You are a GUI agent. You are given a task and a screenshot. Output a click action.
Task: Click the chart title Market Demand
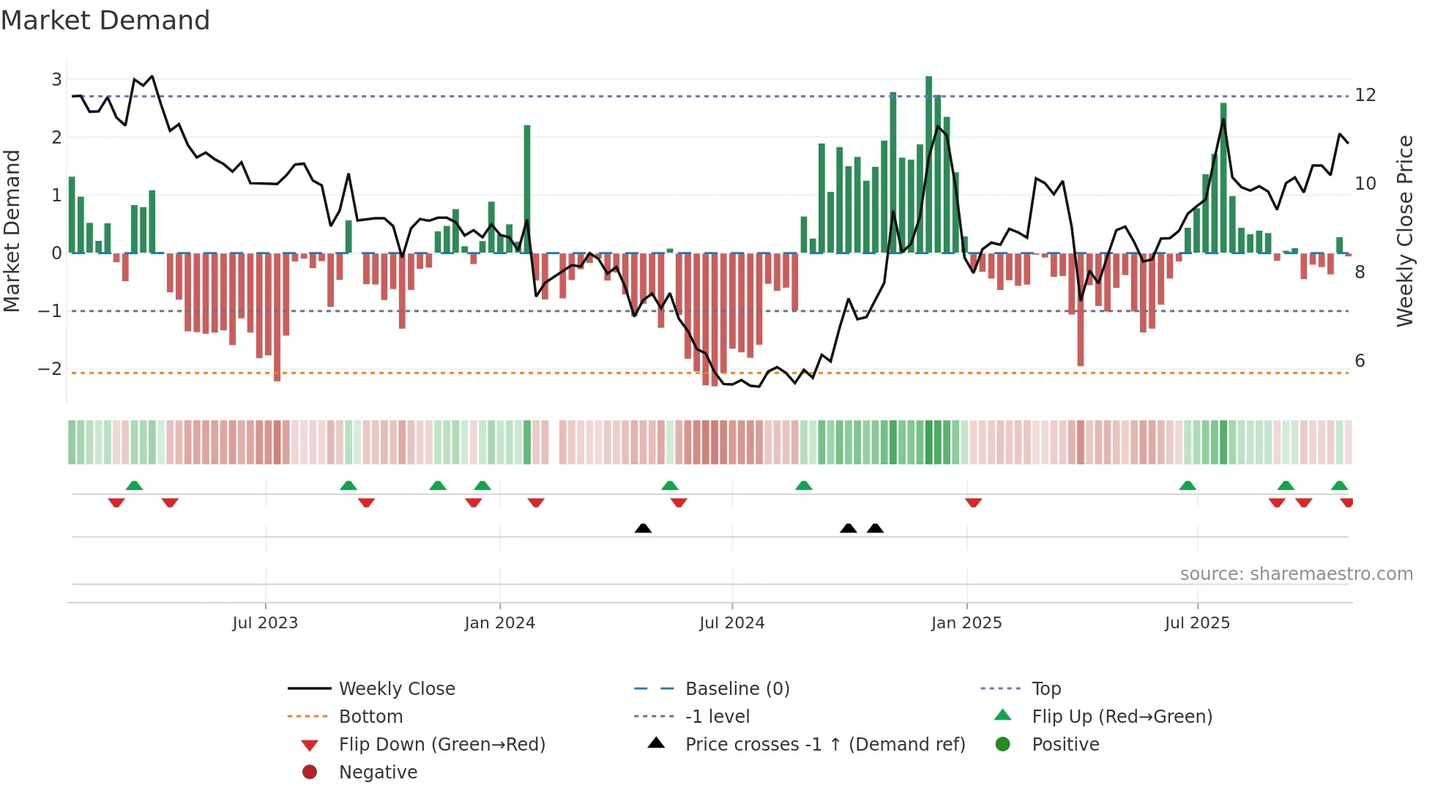(x=105, y=21)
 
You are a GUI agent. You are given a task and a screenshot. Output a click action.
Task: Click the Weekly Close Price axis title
(x=1404, y=231)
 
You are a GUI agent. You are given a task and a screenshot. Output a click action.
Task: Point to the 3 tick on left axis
(x=56, y=79)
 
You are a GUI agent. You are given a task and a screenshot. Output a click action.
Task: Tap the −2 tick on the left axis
(x=51, y=368)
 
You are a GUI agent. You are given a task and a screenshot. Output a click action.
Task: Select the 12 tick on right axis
(x=1365, y=95)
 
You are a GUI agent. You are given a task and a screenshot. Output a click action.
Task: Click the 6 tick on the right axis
(x=1360, y=360)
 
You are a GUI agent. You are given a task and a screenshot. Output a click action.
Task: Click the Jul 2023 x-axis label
(x=265, y=623)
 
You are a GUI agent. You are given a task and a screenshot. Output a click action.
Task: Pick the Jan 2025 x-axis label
(x=966, y=623)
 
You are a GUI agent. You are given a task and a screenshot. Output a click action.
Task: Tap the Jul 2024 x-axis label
(x=731, y=623)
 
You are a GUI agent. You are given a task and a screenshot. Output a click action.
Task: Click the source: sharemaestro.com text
(x=1296, y=574)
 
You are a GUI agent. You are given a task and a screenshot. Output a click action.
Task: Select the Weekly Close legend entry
(x=396, y=689)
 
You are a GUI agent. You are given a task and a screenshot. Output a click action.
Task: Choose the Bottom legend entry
(x=370, y=717)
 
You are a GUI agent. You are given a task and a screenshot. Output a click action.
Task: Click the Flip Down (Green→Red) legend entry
(x=441, y=745)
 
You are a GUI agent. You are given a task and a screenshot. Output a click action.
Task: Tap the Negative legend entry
(x=378, y=773)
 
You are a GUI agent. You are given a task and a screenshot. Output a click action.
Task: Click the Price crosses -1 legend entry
(x=824, y=745)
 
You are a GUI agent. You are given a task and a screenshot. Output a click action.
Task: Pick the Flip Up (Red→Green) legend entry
(x=1122, y=717)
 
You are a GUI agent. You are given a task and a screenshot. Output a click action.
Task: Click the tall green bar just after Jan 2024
(x=527, y=189)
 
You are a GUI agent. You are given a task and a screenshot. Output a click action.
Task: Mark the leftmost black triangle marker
(x=643, y=528)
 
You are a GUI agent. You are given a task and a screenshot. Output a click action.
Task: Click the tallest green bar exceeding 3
(x=928, y=165)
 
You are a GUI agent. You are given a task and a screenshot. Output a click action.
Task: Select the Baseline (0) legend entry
(x=737, y=689)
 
